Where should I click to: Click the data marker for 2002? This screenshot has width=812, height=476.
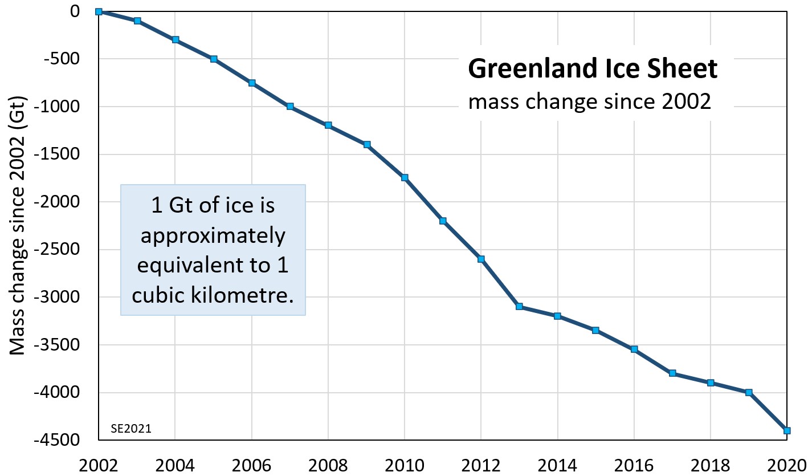pyautogui.click(x=99, y=11)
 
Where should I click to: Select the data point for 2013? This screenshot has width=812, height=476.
pyautogui.click(x=519, y=307)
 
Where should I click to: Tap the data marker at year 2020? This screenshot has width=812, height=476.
pyautogui.click(x=787, y=430)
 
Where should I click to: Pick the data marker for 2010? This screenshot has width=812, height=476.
pyautogui.click(x=405, y=178)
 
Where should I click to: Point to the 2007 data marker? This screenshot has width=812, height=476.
pyautogui.click(x=289, y=107)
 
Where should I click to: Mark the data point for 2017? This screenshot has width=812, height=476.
pyautogui.click(x=672, y=373)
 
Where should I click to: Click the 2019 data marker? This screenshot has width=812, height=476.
pyautogui.click(x=749, y=392)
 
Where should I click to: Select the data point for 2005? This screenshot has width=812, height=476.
pyautogui.click(x=213, y=59)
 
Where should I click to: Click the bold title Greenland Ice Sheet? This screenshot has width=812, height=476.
pyautogui.click(x=592, y=70)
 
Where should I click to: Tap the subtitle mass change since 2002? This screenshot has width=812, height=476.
pyautogui.click(x=590, y=102)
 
